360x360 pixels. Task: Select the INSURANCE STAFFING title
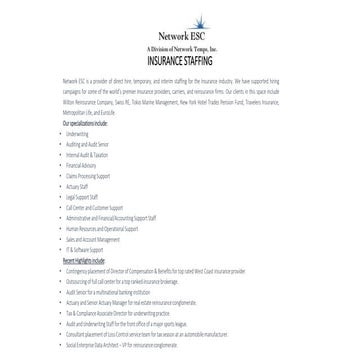coord(179,59)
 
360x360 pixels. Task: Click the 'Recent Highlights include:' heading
coord(84,259)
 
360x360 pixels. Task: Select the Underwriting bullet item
coord(81,131)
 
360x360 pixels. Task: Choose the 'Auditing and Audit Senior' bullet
coord(90,141)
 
